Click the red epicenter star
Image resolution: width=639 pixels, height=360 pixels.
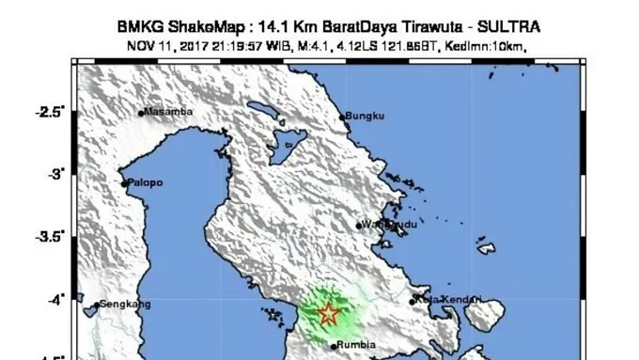coord(328,313)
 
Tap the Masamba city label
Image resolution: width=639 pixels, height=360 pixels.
coord(169,112)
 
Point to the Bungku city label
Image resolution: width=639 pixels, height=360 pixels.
coord(366,117)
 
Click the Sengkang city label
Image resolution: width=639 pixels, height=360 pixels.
coord(125,305)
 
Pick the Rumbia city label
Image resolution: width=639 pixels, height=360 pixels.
coord(356,345)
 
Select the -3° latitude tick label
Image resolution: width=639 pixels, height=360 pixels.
coord(56,174)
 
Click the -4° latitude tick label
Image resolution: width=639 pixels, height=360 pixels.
coord(56,299)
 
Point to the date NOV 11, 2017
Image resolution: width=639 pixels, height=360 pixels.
coord(163,44)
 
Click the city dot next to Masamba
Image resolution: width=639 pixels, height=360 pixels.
coord(141,114)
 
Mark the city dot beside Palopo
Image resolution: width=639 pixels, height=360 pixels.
coord(124,183)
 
